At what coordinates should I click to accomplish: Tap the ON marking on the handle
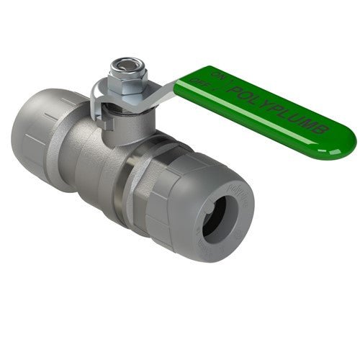click(x=220, y=74)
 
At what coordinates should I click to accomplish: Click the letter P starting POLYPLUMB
click(x=233, y=89)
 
